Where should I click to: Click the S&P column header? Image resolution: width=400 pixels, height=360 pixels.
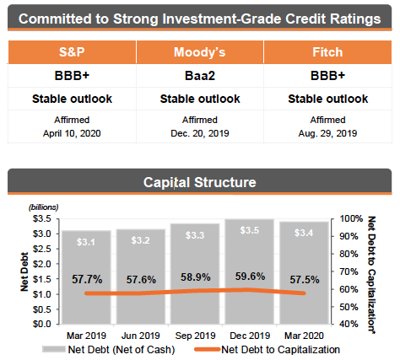72,52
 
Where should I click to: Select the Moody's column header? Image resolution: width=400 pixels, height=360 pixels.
200,52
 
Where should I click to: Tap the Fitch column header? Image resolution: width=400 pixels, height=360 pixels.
327,52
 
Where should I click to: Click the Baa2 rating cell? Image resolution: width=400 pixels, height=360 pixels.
200,76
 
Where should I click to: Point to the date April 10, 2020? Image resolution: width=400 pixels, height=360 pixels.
72,133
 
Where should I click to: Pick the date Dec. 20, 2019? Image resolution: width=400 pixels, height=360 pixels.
200,133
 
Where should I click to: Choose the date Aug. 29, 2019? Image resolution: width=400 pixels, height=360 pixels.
327,133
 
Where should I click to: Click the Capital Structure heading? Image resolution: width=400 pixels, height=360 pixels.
200,182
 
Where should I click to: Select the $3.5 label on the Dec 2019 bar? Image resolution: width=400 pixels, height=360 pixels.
250,230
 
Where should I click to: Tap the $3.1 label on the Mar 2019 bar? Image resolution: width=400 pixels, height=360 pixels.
86,242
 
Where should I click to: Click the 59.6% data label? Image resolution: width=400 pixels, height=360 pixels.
250,277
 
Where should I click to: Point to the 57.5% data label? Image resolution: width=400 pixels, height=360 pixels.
305,280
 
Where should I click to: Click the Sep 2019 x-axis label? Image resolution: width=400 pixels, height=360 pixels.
195,336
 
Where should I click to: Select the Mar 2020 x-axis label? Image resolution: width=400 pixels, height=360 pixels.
304,336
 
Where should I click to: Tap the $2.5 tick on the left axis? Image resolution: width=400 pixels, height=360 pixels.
42,249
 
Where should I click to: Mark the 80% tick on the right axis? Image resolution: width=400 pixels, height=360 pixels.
349,254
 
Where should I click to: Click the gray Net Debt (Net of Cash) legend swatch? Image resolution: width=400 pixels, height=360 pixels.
54,349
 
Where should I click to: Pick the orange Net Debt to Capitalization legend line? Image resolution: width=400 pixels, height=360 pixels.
207,350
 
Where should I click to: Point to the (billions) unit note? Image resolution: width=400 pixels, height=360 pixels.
43,207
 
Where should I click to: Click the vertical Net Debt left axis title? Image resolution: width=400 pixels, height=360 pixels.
24,271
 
